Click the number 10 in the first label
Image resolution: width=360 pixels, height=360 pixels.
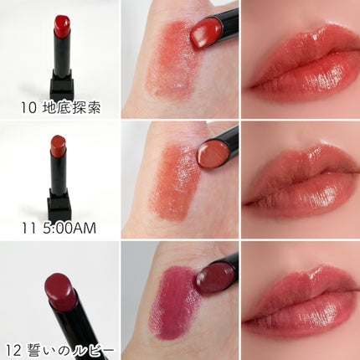(28, 108)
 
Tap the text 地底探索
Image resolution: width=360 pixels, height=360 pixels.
(71, 108)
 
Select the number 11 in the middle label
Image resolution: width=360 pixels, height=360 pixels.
(29, 229)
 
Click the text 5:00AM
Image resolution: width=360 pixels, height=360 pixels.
(69, 229)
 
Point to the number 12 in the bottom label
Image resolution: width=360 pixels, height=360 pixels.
(14, 351)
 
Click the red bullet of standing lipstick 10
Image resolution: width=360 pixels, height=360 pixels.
(62, 26)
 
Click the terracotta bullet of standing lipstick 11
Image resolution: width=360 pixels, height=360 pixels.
(58, 146)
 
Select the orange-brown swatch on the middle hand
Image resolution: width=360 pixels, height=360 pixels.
(174, 182)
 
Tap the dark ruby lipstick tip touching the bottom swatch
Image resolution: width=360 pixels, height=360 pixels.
(215, 278)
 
